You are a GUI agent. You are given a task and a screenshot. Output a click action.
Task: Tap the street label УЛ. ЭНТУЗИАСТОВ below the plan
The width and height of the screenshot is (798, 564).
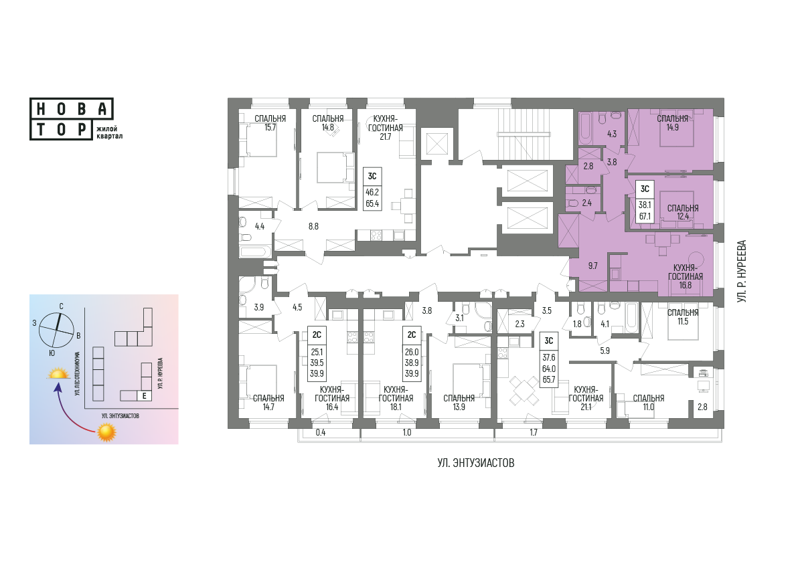[476, 463]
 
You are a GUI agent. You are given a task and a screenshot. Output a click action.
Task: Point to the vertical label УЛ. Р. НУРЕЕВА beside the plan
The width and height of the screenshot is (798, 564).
[742, 272]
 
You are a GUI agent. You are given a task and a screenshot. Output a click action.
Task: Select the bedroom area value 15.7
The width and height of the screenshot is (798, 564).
[270, 128]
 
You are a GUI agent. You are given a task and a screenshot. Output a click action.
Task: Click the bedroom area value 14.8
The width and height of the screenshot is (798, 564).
[328, 128]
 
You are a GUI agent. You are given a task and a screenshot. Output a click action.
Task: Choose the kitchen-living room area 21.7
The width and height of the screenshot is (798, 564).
[385, 136]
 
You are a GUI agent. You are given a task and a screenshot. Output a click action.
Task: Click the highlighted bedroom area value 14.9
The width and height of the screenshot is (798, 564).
[672, 128]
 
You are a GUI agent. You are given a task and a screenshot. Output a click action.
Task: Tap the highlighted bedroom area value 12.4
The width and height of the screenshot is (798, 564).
[682, 217]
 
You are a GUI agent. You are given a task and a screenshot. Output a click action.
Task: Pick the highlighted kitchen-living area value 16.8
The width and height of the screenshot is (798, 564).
[686, 285]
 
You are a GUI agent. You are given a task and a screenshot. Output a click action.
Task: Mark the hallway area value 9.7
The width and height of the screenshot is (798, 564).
[592, 266]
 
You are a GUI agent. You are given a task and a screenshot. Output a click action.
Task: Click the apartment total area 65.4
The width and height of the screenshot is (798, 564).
[372, 203]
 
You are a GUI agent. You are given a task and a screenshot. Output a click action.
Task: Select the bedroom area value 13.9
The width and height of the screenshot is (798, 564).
[459, 407]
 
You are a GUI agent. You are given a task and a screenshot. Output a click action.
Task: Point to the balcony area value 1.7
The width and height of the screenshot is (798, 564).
[534, 433]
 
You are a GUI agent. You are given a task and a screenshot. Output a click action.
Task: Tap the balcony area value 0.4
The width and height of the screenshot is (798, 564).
[320, 433]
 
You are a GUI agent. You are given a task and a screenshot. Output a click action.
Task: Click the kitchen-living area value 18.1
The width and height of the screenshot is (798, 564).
[396, 407]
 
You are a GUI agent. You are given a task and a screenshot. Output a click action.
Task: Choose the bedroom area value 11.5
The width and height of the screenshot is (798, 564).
[682, 321]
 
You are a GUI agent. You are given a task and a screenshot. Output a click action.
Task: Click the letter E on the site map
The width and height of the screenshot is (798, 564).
[145, 395]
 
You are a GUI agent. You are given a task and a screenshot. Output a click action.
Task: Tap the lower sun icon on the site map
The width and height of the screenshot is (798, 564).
[106, 432]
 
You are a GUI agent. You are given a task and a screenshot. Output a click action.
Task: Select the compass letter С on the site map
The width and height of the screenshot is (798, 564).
[61, 306]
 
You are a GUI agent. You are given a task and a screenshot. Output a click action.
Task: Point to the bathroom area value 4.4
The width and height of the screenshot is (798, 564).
[260, 226]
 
